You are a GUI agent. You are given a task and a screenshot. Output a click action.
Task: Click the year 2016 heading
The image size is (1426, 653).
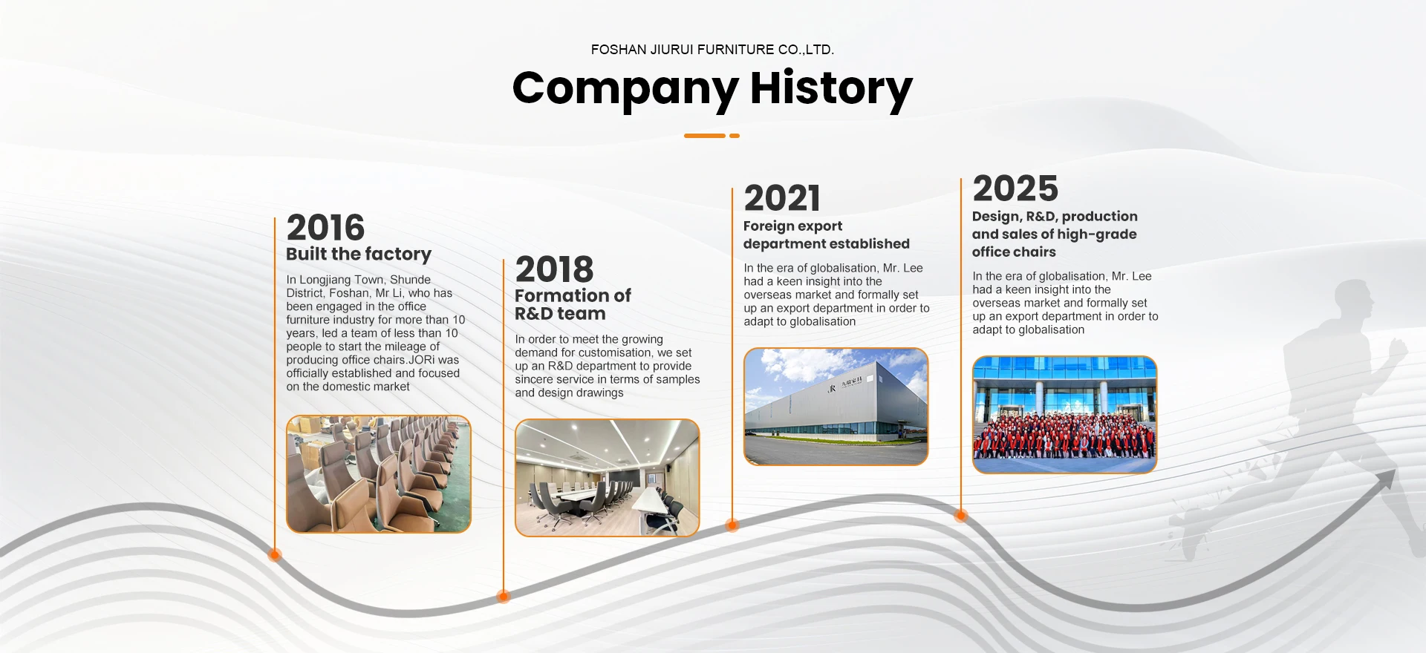[325, 227]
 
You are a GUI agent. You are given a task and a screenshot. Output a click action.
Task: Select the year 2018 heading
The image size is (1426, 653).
[554, 269]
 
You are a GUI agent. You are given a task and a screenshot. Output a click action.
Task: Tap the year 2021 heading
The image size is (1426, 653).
[782, 198]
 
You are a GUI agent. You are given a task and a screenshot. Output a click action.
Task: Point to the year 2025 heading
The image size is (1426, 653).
[1015, 188]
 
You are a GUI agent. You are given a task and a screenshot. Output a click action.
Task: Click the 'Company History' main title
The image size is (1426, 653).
[712, 89]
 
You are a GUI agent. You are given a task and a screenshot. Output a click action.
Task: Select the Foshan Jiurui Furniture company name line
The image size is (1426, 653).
[712, 50]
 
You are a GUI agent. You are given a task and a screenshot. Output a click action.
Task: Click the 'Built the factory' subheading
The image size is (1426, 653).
[359, 255]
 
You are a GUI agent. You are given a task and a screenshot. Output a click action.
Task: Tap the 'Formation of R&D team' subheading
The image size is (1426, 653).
[573, 304]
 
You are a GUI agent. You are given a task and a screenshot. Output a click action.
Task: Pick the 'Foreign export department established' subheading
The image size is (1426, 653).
[826, 234]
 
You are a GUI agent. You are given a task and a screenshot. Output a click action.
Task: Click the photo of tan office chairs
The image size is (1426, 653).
[379, 474]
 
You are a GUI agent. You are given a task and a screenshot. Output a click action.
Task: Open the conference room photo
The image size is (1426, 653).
[608, 478]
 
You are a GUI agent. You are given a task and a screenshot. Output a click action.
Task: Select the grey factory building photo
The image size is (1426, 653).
[836, 407]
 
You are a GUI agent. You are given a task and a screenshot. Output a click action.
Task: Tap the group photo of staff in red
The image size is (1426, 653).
[1065, 415]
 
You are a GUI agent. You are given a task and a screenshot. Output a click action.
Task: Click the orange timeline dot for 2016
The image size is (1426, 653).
[275, 554]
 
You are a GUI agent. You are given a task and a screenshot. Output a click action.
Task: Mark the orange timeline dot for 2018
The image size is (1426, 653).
[504, 596]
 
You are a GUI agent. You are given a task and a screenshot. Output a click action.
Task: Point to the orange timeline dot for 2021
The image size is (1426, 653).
[732, 525]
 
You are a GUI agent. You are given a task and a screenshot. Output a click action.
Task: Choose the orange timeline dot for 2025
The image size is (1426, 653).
[961, 515]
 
